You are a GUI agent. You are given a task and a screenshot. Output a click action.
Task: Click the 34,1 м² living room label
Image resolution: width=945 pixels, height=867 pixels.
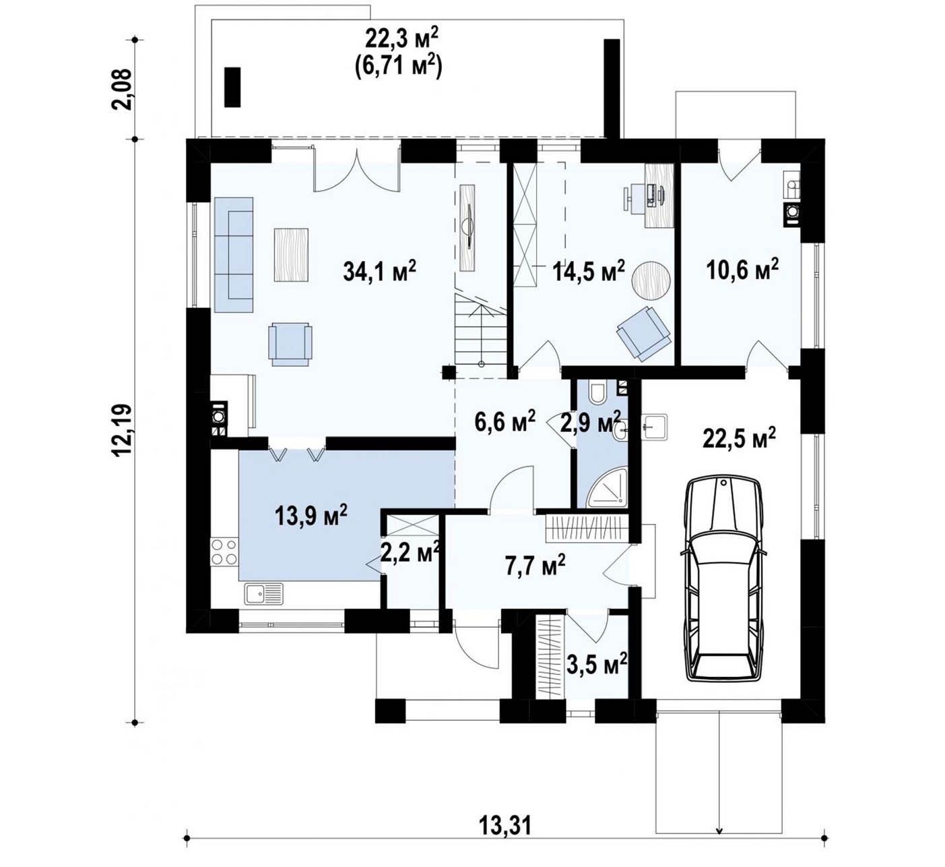[380, 271]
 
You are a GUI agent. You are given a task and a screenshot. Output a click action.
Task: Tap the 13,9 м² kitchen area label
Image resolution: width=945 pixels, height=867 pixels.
[311, 515]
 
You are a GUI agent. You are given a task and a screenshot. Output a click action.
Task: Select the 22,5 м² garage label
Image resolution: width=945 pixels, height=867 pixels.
[739, 438]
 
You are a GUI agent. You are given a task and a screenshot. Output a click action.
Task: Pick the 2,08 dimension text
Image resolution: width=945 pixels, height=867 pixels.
[121, 90]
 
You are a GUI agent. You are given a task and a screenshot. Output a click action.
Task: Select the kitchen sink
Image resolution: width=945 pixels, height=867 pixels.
[264, 593]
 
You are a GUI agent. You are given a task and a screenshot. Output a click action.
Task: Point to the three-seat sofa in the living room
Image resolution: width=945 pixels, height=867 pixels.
[234, 255]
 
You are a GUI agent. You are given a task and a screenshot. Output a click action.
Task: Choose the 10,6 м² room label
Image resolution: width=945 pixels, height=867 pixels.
[742, 270]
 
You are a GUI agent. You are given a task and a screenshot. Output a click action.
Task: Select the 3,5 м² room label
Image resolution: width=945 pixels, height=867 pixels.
[597, 665]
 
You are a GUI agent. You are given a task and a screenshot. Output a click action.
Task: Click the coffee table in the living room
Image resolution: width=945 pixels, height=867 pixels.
[291, 255]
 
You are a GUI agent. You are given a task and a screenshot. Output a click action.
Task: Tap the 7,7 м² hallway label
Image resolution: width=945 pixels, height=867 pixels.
[535, 565]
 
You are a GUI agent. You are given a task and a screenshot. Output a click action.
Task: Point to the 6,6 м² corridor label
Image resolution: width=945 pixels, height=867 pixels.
[505, 421]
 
